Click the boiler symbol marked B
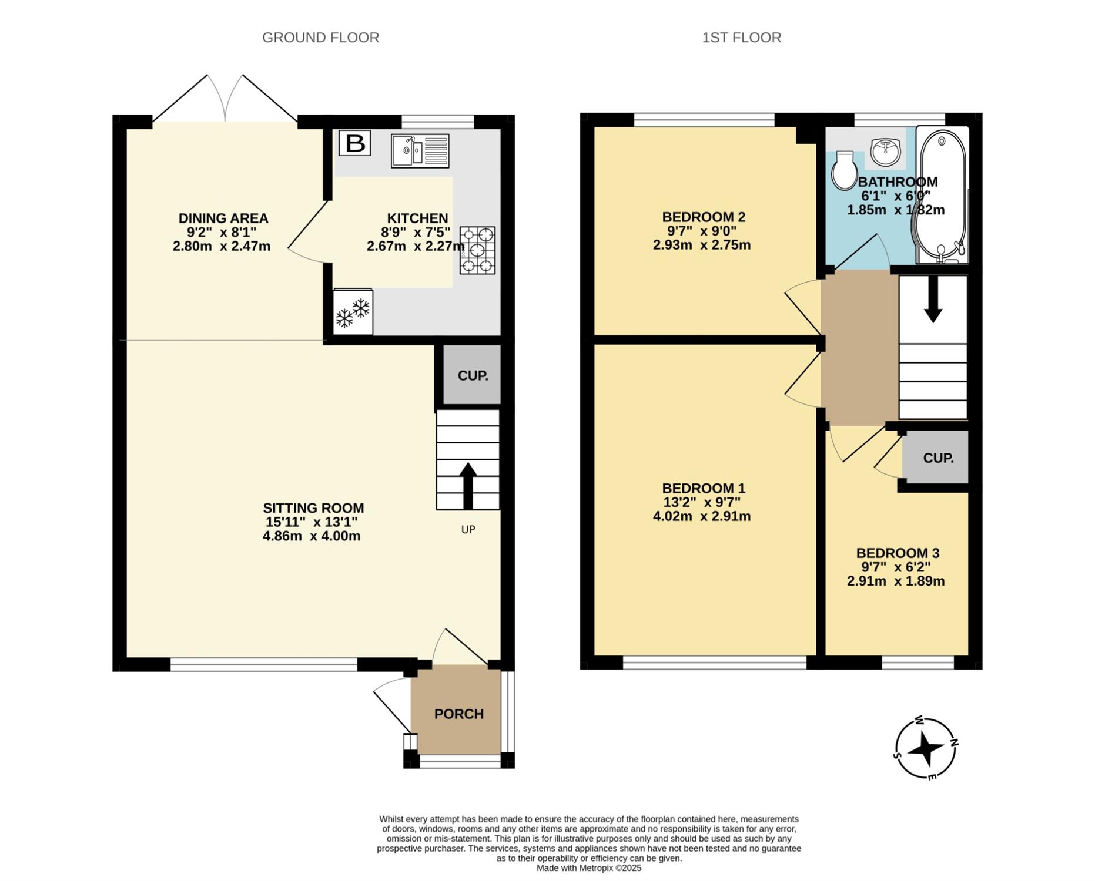point(355,143)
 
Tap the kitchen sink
point(420,151)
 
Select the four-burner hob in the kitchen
point(477,250)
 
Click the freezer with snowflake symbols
point(353,312)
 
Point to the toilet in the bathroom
point(845,170)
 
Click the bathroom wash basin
point(885,152)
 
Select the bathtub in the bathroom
point(941,196)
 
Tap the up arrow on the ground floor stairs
point(468,486)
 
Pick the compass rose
point(926,749)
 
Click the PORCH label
point(459,714)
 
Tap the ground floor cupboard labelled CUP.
point(473,375)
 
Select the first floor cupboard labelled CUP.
point(937,458)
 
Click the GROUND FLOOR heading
point(320,38)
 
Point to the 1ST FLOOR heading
point(742,38)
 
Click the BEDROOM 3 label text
point(898,553)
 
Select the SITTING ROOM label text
point(313,508)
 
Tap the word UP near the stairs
point(468,529)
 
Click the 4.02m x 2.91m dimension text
point(702,516)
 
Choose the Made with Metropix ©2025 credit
point(589,867)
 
